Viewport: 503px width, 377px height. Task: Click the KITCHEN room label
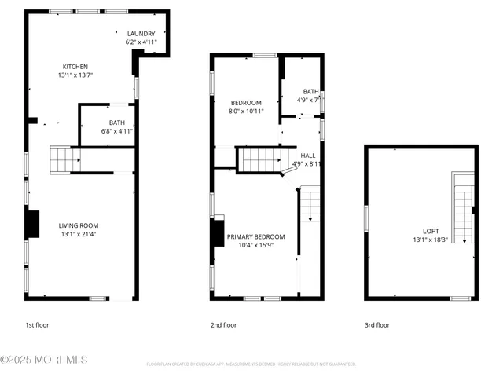tap(75, 67)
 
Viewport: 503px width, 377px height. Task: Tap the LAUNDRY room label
tap(141, 33)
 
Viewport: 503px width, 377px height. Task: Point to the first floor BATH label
tap(117, 123)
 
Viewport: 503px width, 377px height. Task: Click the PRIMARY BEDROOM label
tap(255, 236)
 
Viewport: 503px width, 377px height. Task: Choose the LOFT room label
tap(431, 231)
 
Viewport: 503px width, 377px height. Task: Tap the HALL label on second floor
tap(309, 156)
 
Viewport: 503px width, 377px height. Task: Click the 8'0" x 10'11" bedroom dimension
tap(246, 112)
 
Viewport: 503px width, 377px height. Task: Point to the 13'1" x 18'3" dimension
tap(431, 240)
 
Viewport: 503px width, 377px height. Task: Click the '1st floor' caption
tap(37, 324)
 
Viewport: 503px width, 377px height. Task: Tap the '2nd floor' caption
tap(223, 324)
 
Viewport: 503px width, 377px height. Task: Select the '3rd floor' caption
tap(376, 324)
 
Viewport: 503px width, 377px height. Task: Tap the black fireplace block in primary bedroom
tap(216, 235)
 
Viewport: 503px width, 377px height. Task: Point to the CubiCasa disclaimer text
tap(251, 364)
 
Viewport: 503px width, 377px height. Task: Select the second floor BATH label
tap(311, 91)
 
